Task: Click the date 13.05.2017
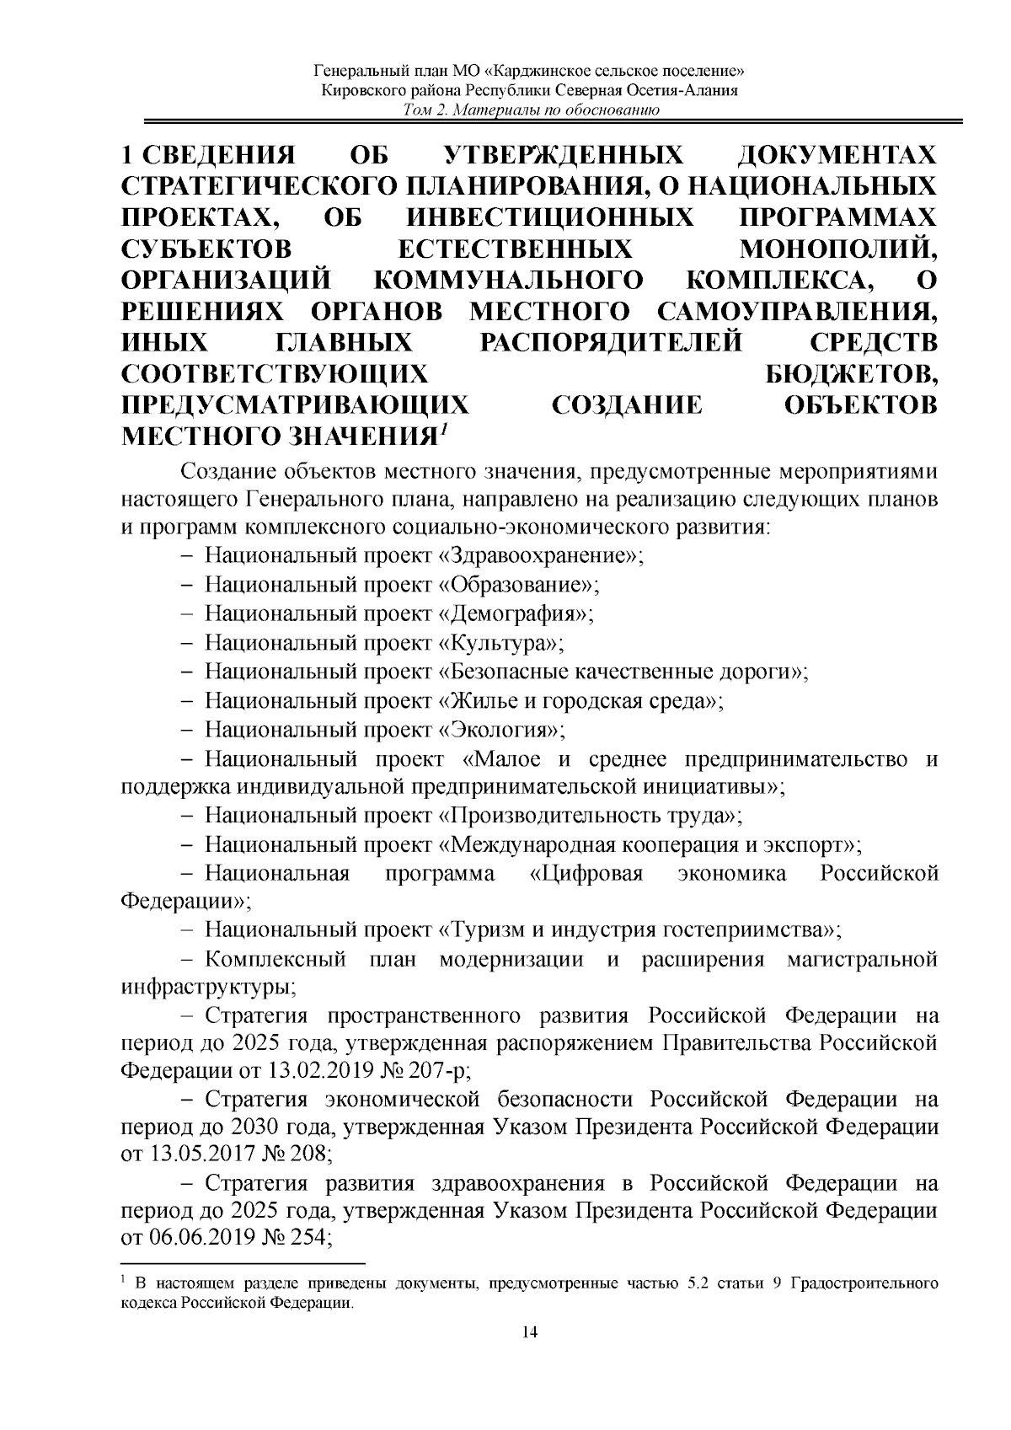click(198, 1154)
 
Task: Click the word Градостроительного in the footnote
click(867, 1284)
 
